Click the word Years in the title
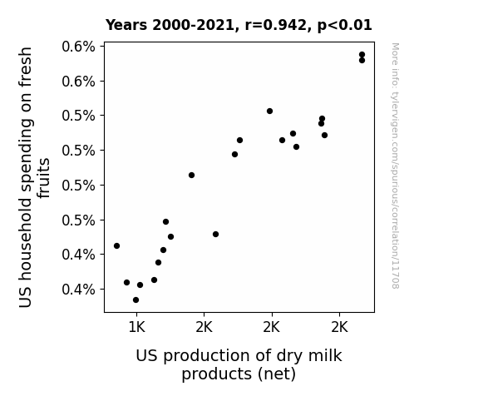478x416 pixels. click(126, 25)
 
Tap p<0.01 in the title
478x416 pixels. click(344, 25)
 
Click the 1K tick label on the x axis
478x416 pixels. click(136, 328)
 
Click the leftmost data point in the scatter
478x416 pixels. click(116, 245)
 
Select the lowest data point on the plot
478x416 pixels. click(136, 300)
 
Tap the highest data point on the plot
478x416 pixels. click(362, 55)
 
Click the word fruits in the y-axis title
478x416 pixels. click(43, 178)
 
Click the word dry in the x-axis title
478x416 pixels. click(289, 357)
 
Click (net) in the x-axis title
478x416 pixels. click(277, 374)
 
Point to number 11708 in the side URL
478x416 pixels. click(395, 275)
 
